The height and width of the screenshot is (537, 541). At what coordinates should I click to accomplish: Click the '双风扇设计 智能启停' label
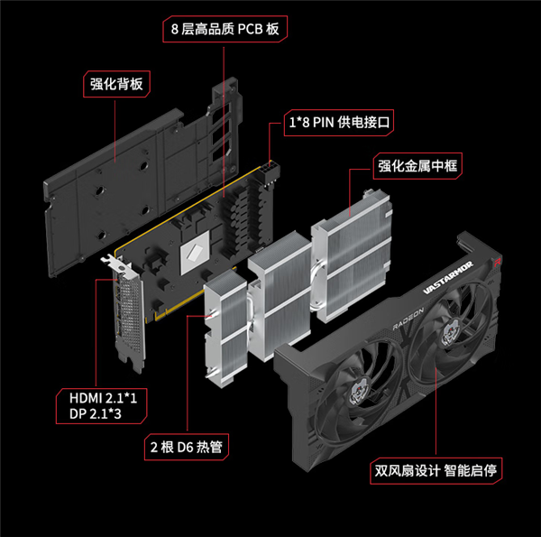pos(436,471)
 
